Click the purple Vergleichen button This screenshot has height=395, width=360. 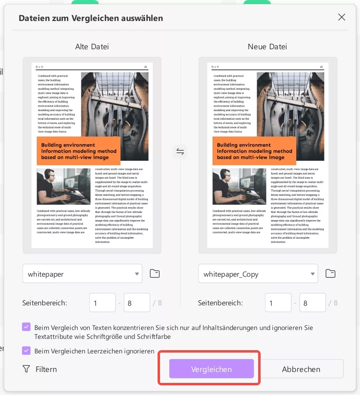211,369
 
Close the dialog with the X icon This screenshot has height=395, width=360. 341,17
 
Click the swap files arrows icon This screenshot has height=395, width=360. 180,152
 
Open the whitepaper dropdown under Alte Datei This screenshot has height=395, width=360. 82,274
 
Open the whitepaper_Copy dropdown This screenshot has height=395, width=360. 258,274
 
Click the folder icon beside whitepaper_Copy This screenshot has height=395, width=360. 331,273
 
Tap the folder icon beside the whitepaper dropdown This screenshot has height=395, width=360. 155,273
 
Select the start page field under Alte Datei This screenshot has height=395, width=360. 103,303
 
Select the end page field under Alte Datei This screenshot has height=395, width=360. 137,303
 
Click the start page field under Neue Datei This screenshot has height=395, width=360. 278,303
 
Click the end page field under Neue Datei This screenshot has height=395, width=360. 313,303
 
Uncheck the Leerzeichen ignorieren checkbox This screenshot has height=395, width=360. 26,351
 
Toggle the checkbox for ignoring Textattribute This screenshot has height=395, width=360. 26,327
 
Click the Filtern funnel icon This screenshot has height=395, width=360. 26,369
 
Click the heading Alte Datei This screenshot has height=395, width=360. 92,46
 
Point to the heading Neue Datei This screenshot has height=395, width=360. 267,46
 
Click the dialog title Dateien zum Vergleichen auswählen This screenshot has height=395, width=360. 91,18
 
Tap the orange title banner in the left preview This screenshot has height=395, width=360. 79,151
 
